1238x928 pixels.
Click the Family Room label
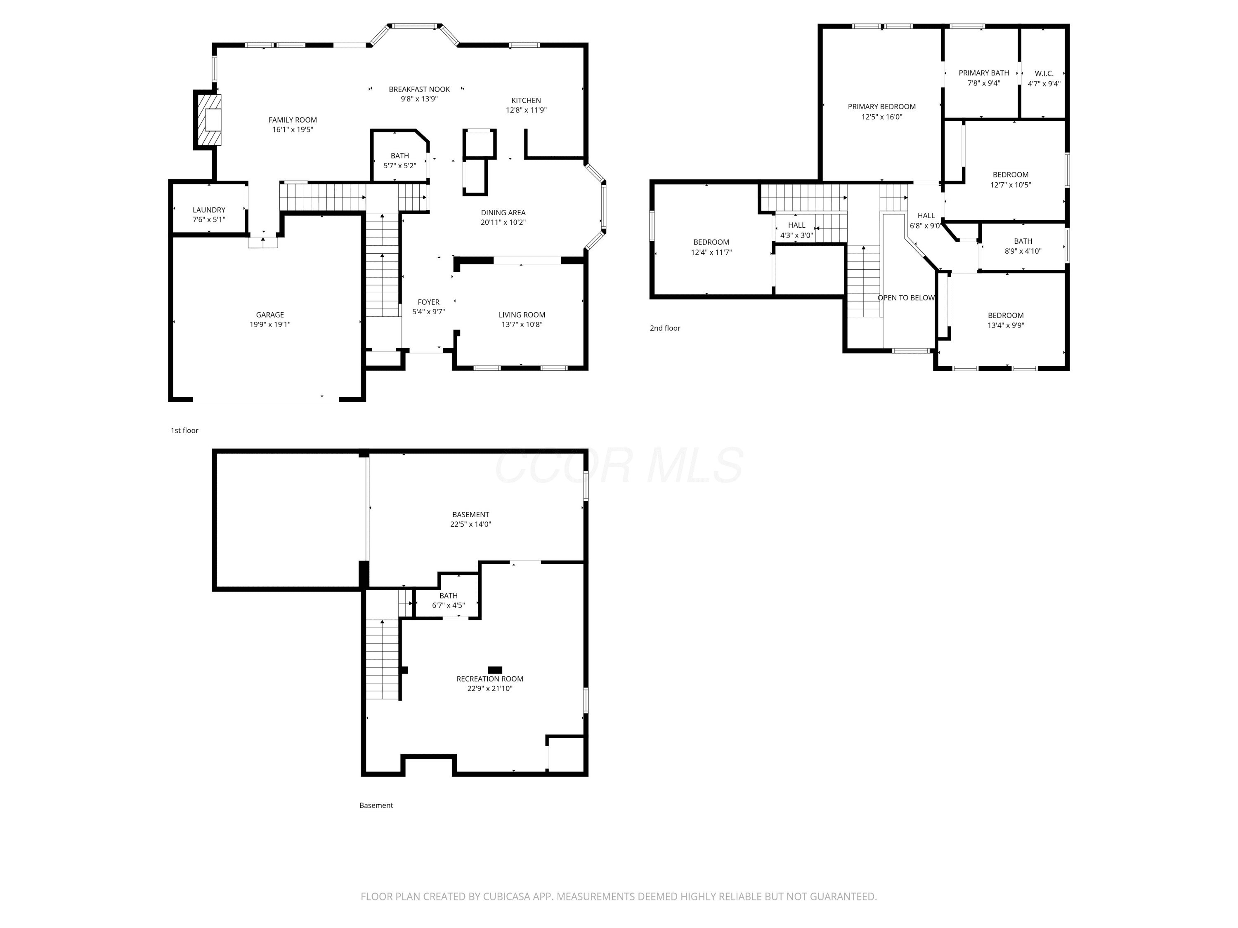(293, 120)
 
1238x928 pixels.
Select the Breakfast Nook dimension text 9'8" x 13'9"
(419, 99)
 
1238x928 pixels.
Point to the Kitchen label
(526, 101)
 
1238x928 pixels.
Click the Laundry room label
(209, 210)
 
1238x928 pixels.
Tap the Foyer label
(429, 302)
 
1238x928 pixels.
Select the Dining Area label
(503, 212)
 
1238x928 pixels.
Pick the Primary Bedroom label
(881, 107)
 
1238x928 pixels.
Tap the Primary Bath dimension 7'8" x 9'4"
(984, 83)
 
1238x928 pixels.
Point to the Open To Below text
(906, 298)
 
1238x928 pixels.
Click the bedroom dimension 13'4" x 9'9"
(1006, 325)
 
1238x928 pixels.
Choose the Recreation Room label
(490, 679)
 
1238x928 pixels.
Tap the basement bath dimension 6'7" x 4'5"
(448, 605)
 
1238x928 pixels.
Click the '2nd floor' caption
(665, 328)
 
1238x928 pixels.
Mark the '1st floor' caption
(185, 431)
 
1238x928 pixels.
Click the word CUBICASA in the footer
(519, 897)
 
